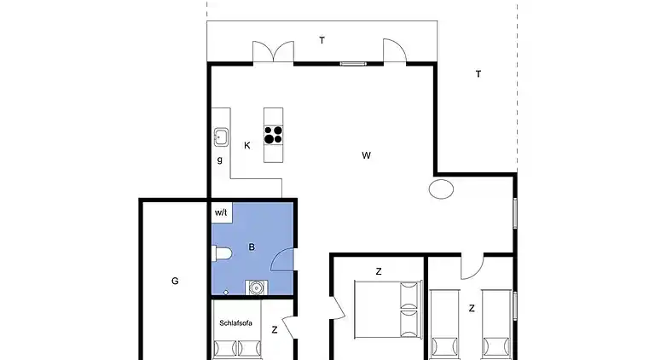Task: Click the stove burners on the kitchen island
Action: click(x=273, y=135)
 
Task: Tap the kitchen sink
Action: click(x=221, y=137)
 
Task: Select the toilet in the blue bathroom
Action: click(x=222, y=253)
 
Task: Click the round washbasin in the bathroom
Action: click(x=256, y=287)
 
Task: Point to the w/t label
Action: click(x=221, y=212)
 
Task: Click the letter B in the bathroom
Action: click(x=252, y=247)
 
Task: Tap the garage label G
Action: click(x=175, y=281)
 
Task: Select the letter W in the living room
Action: click(x=366, y=155)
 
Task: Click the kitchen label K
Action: click(x=246, y=145)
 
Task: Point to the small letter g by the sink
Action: click(x=220, y=160)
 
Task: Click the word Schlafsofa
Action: click(x=235, y=322)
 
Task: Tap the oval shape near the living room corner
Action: click(x=441, y=189)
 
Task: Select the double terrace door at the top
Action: click(x=273, y=52)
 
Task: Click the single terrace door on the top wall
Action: click(x=395, y=51)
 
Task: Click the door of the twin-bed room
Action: click(x=472, y=267)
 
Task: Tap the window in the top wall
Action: click(x=353, y=64)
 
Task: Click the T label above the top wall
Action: click(x=322, y=40)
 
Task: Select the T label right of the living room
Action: click(x=478, y=74)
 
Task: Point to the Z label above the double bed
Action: click(x=379, y=271)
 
